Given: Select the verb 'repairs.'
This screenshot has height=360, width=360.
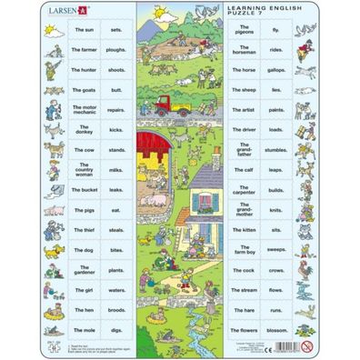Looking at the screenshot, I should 115,110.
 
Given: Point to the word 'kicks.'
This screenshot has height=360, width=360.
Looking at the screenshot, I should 115,130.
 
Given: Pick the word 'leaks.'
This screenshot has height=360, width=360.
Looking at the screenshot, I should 115,190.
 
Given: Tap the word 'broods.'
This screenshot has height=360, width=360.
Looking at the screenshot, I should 115,309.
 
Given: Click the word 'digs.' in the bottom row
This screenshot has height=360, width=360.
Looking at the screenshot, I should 115,329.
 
